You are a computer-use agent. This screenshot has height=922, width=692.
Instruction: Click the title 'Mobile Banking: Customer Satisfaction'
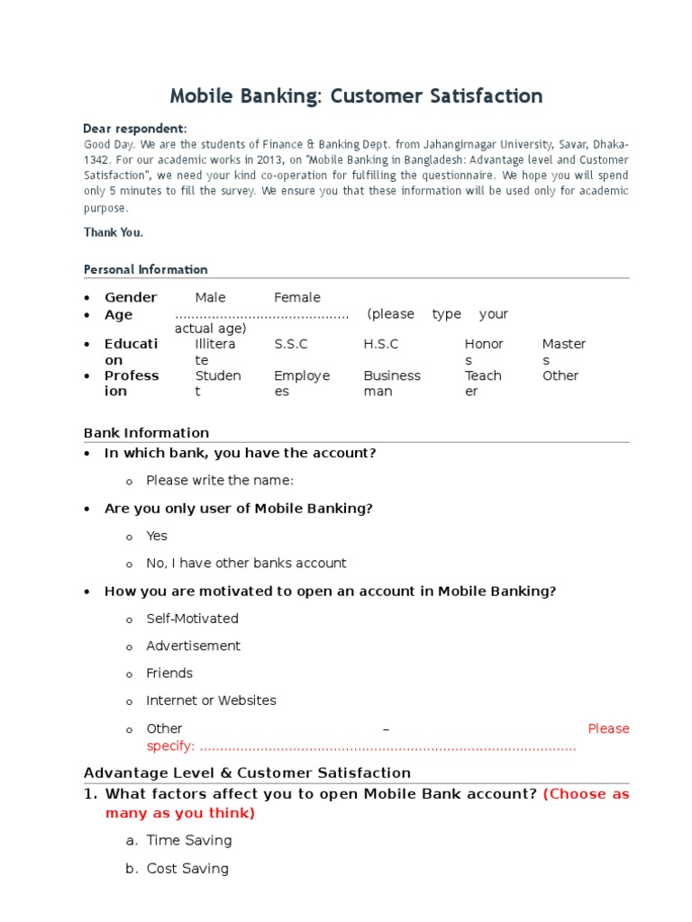(357, 96)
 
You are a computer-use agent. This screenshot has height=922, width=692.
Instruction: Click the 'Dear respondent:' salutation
(135, 129)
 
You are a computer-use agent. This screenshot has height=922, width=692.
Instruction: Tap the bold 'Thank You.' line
(114, 232)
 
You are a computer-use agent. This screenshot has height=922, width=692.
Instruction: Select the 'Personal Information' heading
(145, 269)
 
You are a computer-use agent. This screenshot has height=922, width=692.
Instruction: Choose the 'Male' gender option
(210, 298)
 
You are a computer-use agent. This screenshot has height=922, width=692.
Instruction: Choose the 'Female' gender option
(296, 298)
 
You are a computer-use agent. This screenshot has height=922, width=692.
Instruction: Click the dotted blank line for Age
(261, 315)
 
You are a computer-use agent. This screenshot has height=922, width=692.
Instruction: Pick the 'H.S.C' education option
(380, 344)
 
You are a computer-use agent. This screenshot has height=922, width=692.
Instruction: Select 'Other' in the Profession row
(560, 375)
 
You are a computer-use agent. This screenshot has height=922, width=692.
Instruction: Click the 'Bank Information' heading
(146, 433)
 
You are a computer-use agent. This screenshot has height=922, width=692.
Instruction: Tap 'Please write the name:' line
(220, 481)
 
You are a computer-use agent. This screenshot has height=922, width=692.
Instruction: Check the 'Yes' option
(157, 536)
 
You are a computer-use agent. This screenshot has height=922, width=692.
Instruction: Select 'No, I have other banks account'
(246, 564)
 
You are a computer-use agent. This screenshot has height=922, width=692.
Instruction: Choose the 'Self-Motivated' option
(192, 619)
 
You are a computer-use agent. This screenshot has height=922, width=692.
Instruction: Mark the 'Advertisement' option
(193, 646)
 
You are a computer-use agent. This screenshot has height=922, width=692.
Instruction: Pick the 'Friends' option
(169, 673)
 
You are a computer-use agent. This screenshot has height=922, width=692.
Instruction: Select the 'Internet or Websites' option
(211, 701)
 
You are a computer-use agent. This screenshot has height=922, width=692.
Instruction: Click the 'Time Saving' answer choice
(189, 841)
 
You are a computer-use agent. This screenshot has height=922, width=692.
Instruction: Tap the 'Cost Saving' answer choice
(187, 869)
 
